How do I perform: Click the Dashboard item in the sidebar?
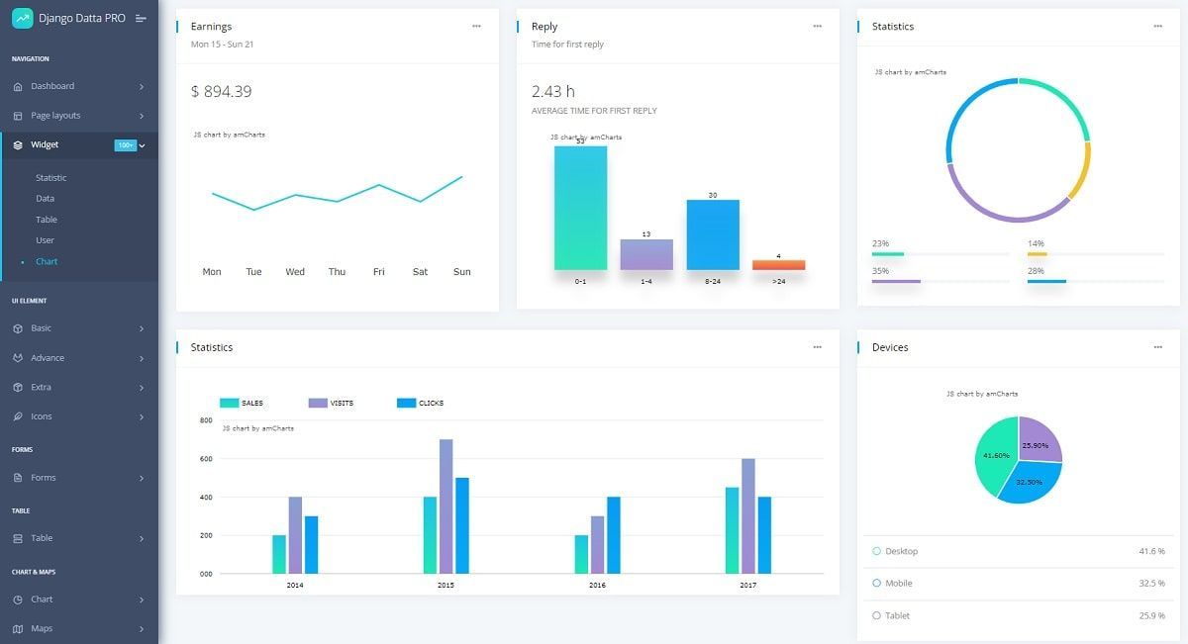(52, 86)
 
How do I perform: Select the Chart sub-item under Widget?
(47, 262)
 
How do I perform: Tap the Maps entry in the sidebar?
(42, 629)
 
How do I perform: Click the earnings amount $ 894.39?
(221, 92)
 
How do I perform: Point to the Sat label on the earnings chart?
(420, 272)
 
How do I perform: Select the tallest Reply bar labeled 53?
(580, 208)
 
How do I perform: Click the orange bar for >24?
(778, 265)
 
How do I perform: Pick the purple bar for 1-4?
(646, 254)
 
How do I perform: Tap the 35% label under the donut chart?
(880, 271)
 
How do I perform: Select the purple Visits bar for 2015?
(445, 506)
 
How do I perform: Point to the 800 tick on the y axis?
(206, 421)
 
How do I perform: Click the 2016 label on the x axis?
(597, 586)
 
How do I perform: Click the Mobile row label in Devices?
(898, 584)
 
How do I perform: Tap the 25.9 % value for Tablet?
(1151, 616)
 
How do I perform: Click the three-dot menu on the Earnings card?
(476, 27)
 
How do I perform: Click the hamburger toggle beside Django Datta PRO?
(141, 19)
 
